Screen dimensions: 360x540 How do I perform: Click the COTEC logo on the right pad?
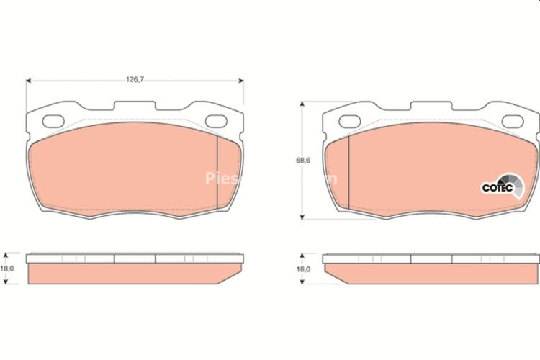pos(498,186)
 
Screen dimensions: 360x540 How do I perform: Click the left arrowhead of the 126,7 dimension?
pos(30,80)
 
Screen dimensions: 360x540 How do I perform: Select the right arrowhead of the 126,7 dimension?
pos(241,80)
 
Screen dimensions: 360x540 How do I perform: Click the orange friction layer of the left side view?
pos(133,274)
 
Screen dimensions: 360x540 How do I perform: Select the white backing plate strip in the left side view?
pos(133,258)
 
